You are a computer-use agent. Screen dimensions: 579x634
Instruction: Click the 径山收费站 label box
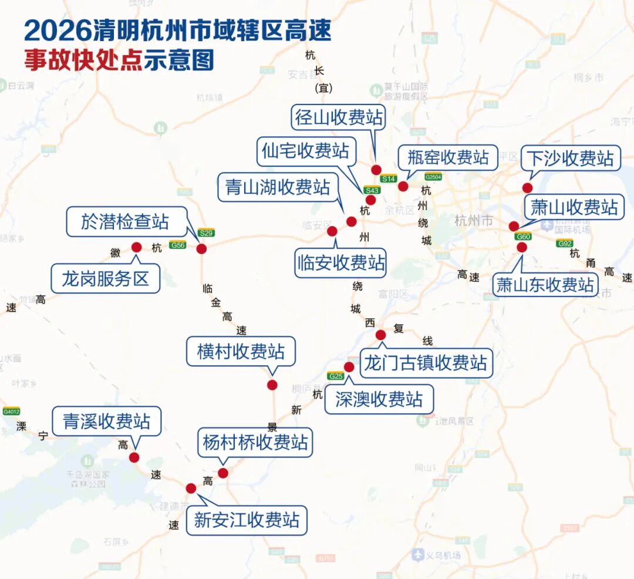tap(339, 117)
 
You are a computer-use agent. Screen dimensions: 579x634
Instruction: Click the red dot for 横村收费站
tap(272, 385)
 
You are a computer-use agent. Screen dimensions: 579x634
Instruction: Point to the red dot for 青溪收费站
tap(134, 457)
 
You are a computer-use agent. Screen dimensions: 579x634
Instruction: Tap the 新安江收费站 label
tap(247, 520)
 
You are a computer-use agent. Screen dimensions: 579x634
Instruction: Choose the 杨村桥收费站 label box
tap(255, 442)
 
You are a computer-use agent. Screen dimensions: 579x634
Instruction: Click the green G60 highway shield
tap(523, 237)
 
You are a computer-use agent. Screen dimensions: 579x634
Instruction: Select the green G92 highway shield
tap(565, 243)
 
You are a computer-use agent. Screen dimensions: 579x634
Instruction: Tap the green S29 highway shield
tap(205, 233)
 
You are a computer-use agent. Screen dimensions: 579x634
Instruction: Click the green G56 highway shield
tap(177, 245)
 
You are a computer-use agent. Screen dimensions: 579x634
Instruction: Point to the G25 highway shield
tap(336, 376)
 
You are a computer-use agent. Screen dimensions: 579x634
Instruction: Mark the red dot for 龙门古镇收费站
tap(380, 335)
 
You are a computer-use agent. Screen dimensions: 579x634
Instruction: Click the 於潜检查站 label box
tap(126, 221)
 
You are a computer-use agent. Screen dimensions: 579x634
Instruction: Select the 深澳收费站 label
tap(379, 399)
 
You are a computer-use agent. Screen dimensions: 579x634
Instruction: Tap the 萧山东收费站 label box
tap(545, 285)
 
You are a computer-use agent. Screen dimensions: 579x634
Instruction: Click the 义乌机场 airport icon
tap(418, 554)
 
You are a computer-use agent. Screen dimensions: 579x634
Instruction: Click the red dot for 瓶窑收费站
tap(403, 186)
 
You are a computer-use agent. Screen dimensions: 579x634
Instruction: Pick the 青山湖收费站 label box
tap(278, 187)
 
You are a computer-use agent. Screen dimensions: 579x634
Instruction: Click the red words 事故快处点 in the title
tap(83, 60)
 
